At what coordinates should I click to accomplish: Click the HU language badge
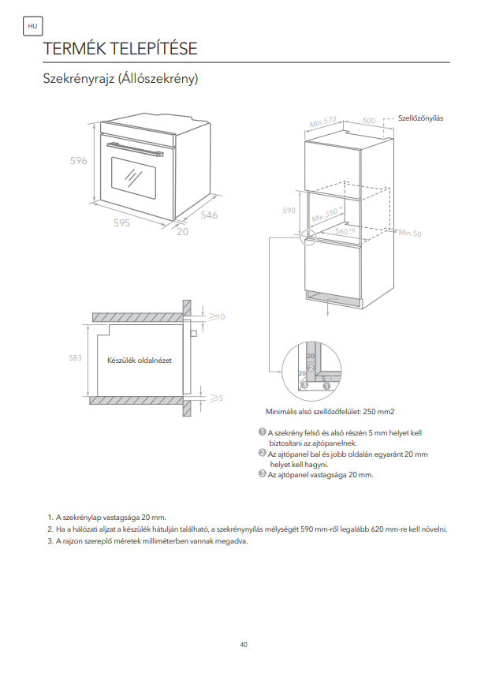pyautogui.click(x=32, y=26)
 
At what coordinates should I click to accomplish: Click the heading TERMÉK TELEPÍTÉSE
pyautogui.click(x=120, y=48)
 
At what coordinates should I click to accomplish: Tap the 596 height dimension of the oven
pyautogui.click(x=79, y=160)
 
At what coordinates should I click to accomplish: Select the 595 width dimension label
pyautogui.click(x=121, y=223)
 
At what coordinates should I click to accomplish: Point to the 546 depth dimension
pyautogui.click(x=209, y=215)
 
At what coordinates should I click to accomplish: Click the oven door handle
pyautogui.click(x=135, y=149)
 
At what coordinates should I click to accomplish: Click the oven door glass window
pyautogui.click(x=133, y=178)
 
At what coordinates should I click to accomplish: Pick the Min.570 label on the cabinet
pyautogui.click(x=323, y=121)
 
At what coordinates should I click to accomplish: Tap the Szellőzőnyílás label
pyautogui.click(x=420, y=118)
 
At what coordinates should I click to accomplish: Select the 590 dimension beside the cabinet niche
pyautogui.click(x=289, y=211)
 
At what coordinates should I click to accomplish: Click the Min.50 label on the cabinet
pyautogui.click(x=410, y=234)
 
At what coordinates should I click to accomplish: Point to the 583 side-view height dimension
pyautogui.click(x=75, y=357)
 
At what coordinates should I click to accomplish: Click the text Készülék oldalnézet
pyautogui.click(x=140, y=361)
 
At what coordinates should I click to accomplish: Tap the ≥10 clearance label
pyautogui.click(x=217, y=316)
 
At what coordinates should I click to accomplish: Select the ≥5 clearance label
pyautogui.click(x=216, y=398)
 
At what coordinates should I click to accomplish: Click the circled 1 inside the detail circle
pyautogui.click(x=326, y=386)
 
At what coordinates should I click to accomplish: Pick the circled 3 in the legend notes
pyautogui.click(x=262, y=473)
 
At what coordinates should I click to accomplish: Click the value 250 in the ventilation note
pyautogui.click(x=369, y=411)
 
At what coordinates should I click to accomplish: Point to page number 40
pyautogui.click(x=244, y=645)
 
